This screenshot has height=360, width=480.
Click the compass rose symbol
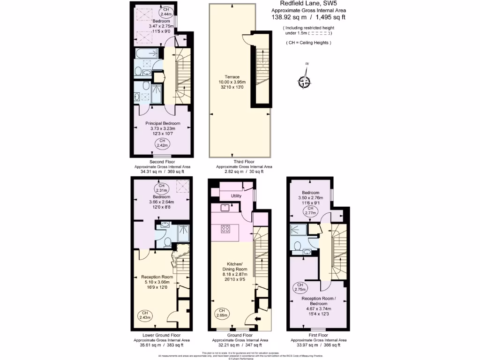(305, 82)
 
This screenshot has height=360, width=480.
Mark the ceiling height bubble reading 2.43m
(145, 315)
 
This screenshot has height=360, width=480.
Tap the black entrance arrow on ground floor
(257, 320)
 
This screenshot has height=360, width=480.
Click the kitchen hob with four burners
(225, 229)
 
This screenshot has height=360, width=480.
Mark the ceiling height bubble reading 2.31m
(161, 189)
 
